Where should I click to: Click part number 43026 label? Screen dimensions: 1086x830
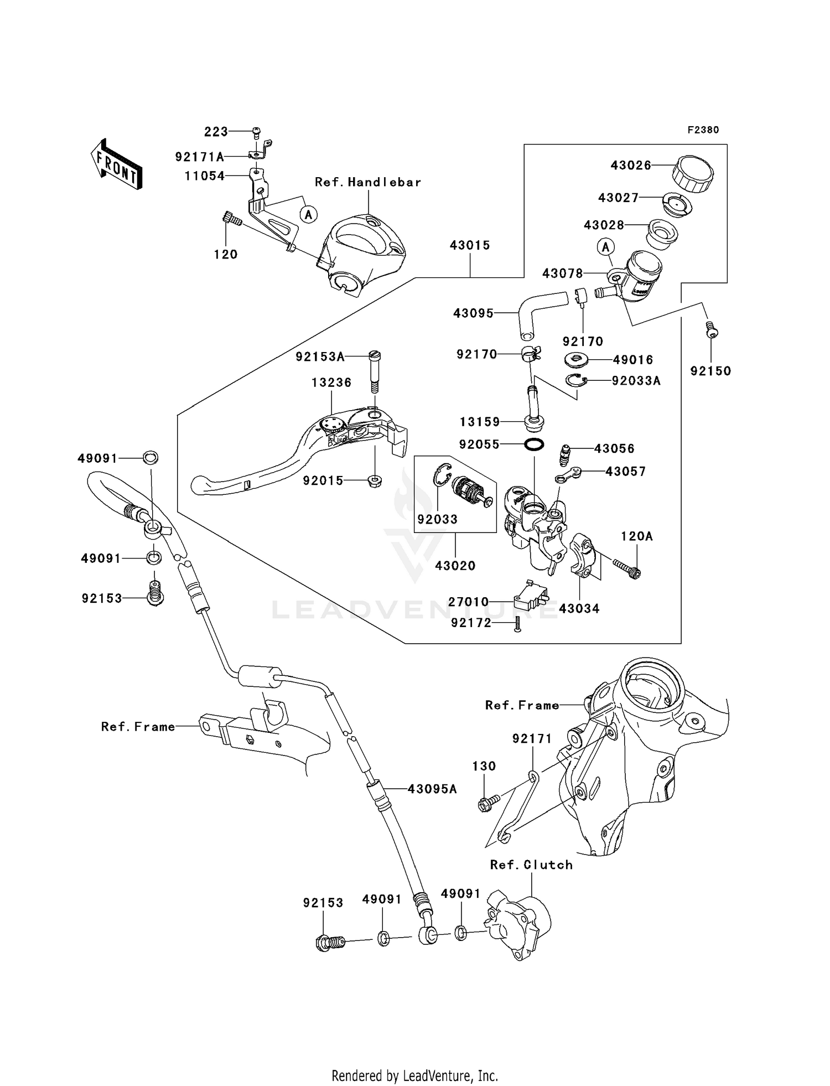coord(631,165)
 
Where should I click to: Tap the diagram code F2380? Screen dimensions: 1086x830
coord(703,130)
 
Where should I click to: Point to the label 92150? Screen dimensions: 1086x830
coord(710,371)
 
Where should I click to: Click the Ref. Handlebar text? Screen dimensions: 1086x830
coord(368,182)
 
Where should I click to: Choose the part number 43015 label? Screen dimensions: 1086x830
coord(470,245)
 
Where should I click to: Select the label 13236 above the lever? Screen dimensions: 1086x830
coord(331,382)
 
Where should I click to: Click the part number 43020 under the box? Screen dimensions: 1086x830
coord(455,566)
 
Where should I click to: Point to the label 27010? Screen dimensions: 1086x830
coord(468,602)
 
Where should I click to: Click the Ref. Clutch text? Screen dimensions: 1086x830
coord(531,865)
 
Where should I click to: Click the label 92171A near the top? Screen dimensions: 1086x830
coord(199,157)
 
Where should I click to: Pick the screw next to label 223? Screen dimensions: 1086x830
coord(256,132)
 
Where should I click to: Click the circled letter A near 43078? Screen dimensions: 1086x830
coord(606,246)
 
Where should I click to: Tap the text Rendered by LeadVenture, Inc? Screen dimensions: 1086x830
coord(414,1075)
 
